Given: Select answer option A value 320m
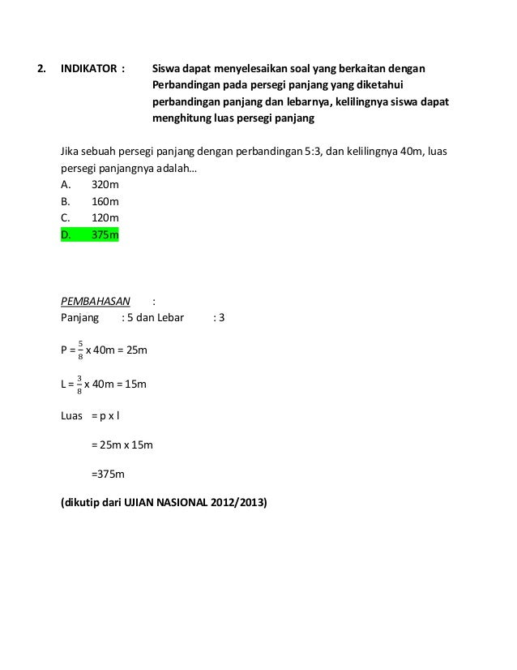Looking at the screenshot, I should pyautogui.click(x=105, y=186).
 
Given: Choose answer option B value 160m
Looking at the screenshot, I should pyautogui.click(x=105, y=202).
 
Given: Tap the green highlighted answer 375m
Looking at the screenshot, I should pyautogui.click(x=105, y=235).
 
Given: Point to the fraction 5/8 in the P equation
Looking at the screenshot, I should pyautogui.click(x=79, y=350).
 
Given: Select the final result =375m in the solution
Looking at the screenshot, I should pyautogui.click(x=107, y=474).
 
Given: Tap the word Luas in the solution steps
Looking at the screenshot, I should pyautogui.click(x=73, y=415).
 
